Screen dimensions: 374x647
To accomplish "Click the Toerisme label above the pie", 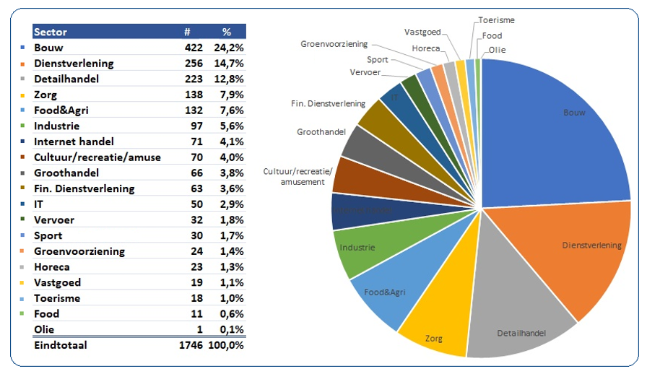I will tap(497, 20).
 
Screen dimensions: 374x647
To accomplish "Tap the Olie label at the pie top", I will tap(497, 50).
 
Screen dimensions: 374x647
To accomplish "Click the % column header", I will tap(226, 32).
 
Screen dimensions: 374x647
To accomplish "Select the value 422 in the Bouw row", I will tap(191, 48).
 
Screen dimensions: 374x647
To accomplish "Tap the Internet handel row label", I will tap(74, 142).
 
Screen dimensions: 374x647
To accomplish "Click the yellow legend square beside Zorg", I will tap(24, 95).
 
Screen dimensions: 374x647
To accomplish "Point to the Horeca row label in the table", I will tap(52, 267).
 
